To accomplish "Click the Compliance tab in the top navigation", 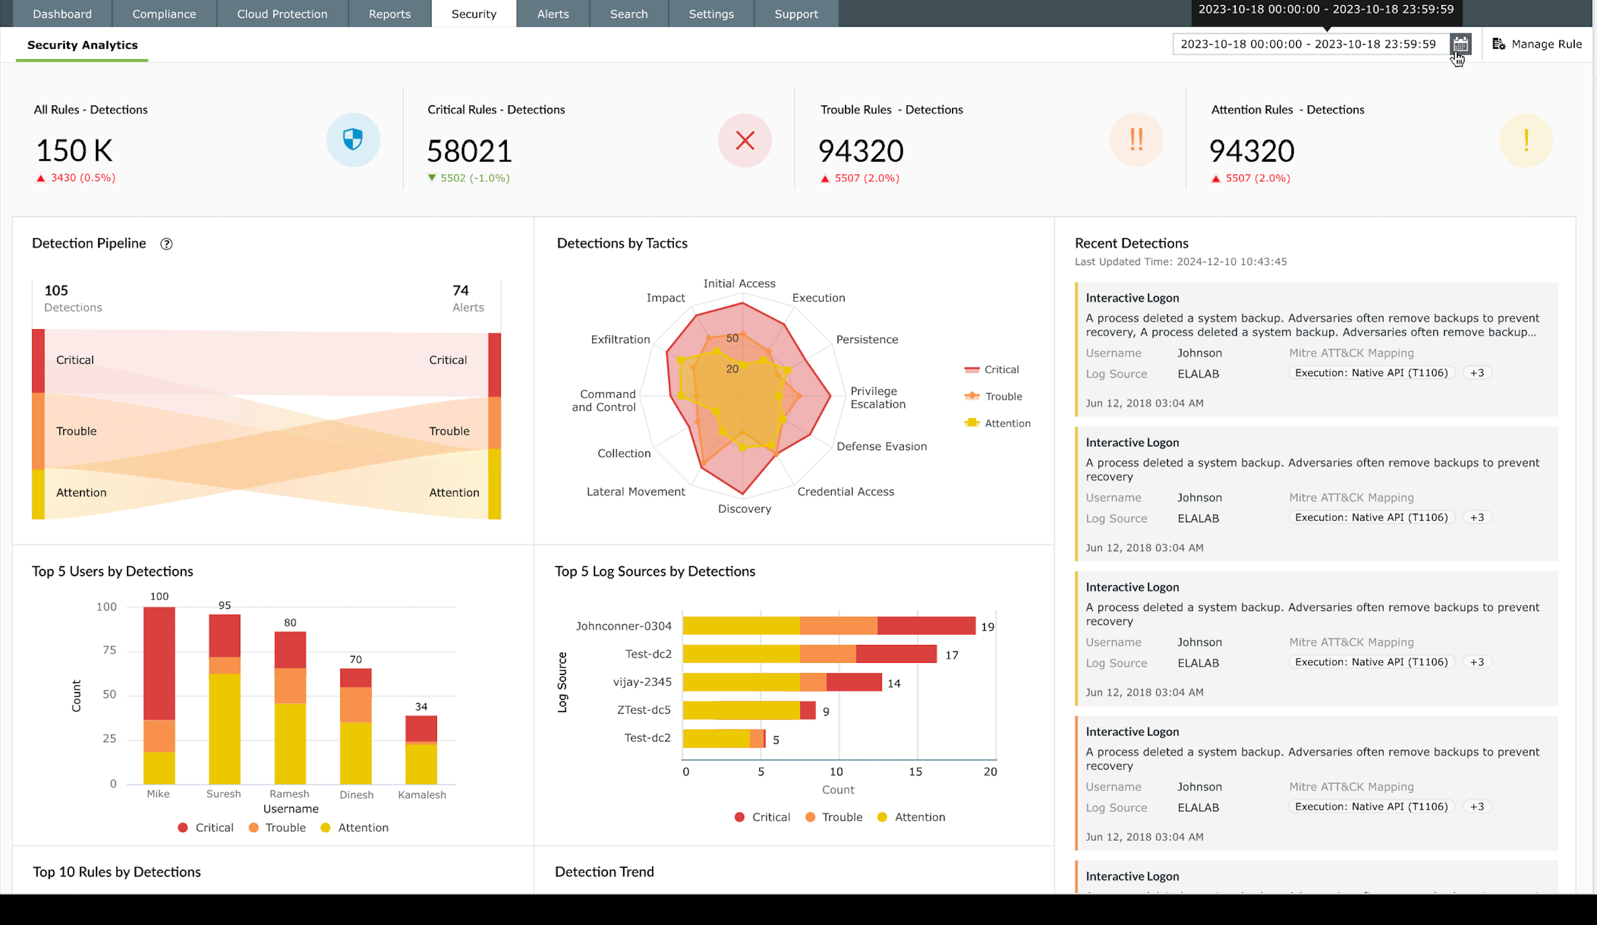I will [164, 14].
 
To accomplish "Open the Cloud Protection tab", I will [282, 14].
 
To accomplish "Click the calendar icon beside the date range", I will [1460, 44].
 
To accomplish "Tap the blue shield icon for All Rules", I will [353, 139].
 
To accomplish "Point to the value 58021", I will [469, 151].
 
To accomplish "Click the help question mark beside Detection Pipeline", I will [166, 244].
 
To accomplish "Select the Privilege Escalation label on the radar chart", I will [878, 398].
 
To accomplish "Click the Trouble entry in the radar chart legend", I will [1003, 397].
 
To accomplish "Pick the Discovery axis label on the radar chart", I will [745, 509].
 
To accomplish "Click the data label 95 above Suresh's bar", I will [225, 606].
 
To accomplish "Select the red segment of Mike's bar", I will [159, 662].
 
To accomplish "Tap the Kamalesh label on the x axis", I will [422, 795].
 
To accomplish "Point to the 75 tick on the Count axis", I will [109, 650].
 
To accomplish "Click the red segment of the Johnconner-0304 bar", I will [926, 626].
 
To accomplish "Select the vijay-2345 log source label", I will [642, 682].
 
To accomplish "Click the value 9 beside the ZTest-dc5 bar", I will [826, 711].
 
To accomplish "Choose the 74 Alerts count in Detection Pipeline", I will [461, 291].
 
